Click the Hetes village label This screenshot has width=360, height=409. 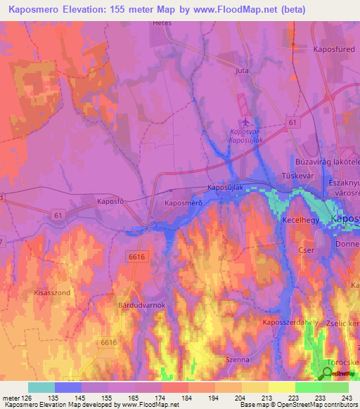coord(162,23)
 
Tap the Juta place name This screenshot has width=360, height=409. coord(243,71)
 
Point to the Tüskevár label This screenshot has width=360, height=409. coord(296,175)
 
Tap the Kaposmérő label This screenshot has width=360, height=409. coord(184,203)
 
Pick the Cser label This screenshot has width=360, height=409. coord(304,250)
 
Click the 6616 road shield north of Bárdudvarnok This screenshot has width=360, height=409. coord(136,258)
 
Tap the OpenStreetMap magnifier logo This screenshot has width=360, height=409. coord(326,373)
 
